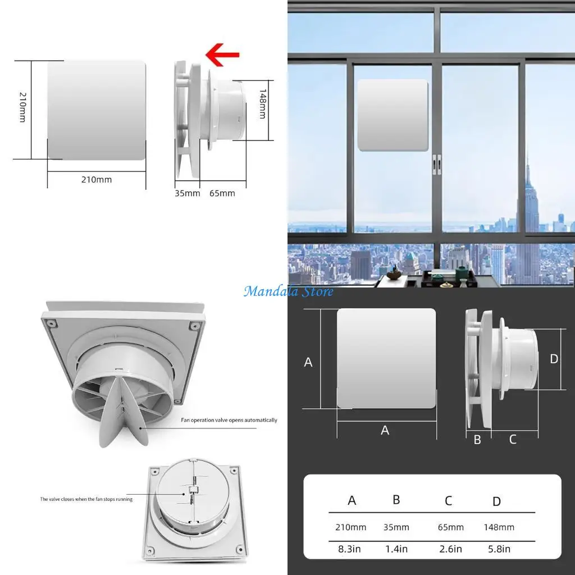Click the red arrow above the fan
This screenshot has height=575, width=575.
[x=222, y=55]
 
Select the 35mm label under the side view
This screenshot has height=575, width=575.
[x=188, y=193]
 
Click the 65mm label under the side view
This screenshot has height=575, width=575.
[x=222, y=193]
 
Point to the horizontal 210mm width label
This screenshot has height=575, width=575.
[x=97, y=180]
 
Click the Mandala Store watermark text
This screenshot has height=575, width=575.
[x=289, y=291]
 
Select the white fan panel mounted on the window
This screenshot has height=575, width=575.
[x=394, y=115]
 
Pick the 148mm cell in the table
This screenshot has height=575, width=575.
[x=499, y=527]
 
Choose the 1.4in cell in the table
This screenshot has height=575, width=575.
[x=396, y=549]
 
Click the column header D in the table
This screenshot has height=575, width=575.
[x=496, y=501]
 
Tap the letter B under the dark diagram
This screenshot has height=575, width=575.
[x=477, y=440]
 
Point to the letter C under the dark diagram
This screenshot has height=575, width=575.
[x=513, y=440]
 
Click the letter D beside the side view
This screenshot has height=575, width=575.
[x=554, y=359]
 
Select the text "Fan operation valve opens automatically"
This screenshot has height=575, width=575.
[x=229, y=420]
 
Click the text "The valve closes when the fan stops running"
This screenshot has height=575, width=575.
[x=86, y=499]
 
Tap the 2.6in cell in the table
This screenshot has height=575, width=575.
[x=450, y=549]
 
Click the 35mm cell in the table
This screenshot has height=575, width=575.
[x=396, y=527]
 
